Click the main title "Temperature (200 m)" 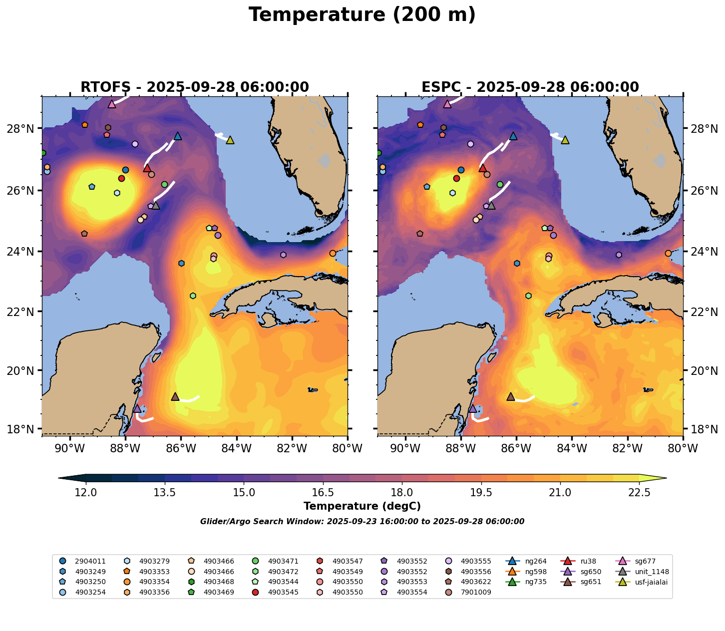(x=362, y=15)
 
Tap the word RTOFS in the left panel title (x=105, y=87)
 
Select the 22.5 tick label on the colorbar (x=639, y=493)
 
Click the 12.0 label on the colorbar (x=86, y=493)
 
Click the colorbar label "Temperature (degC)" (x=362, y=506)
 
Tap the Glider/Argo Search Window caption (x=362, y=522)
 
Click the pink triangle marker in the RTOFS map (x=112, y=104)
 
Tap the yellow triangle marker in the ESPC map (x=565, y=140)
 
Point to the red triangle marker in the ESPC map (x=482, y=168)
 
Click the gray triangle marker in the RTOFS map (x=156, y=206)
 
